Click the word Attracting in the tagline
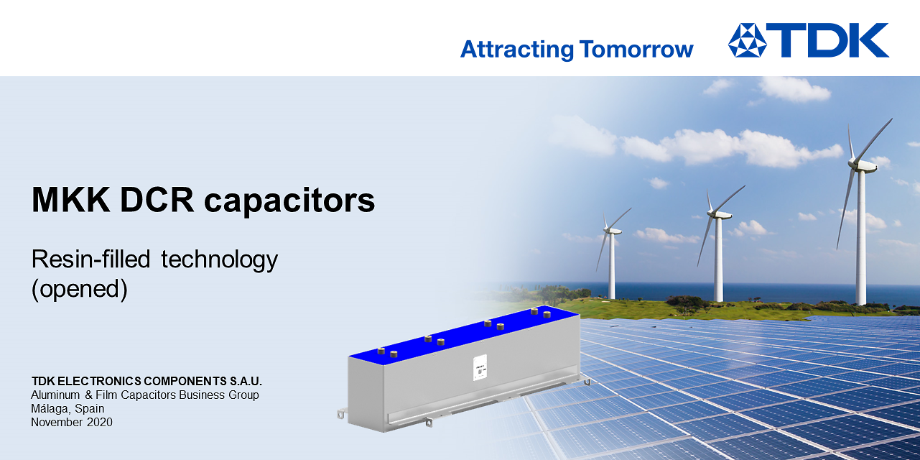point(516,50)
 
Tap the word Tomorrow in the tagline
point(636,50)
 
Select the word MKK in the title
point(70,200)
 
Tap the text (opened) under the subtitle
point(80,288)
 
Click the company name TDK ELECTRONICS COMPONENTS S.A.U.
point(147,381)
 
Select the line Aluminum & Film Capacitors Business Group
point(145,395)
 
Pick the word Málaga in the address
point(50,408)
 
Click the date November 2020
point(72,422)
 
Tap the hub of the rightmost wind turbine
point(861,165)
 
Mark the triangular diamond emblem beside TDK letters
point(747,40)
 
